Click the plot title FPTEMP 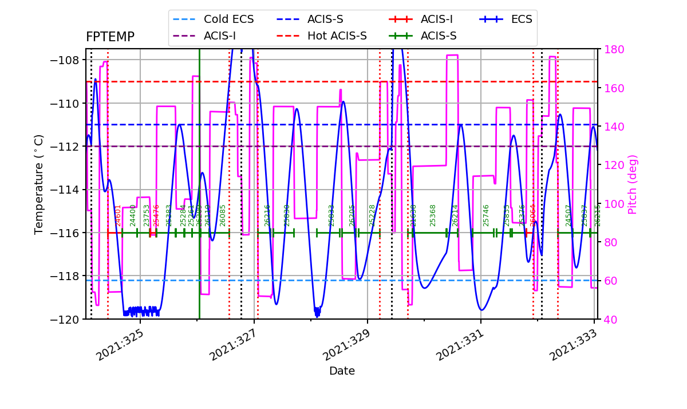click(110, 37)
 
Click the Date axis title click(342, 371)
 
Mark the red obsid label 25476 click(156, 215)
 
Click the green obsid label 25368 click(433, 215)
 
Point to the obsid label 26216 click(267, 215)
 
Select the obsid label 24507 click(568, 215)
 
